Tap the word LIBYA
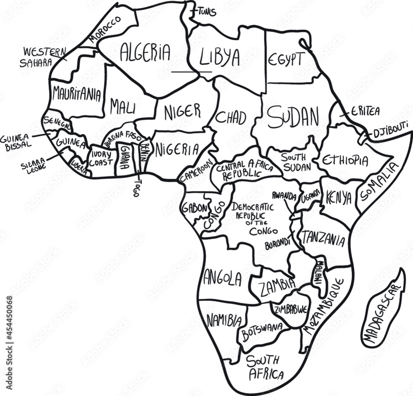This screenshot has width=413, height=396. click(219, 58)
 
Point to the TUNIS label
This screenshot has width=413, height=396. click(206, 12)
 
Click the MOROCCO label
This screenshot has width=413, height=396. click(105, 30)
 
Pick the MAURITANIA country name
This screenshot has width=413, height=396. click(76, 95)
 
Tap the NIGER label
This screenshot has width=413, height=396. click(182, 111)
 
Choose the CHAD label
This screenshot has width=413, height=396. click(231, 117)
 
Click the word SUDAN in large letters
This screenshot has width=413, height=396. click(293, 117)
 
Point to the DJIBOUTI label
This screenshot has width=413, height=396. click(390, 133)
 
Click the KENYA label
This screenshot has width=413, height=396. click(338, 198)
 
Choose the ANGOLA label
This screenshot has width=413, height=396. click(222, 278)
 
